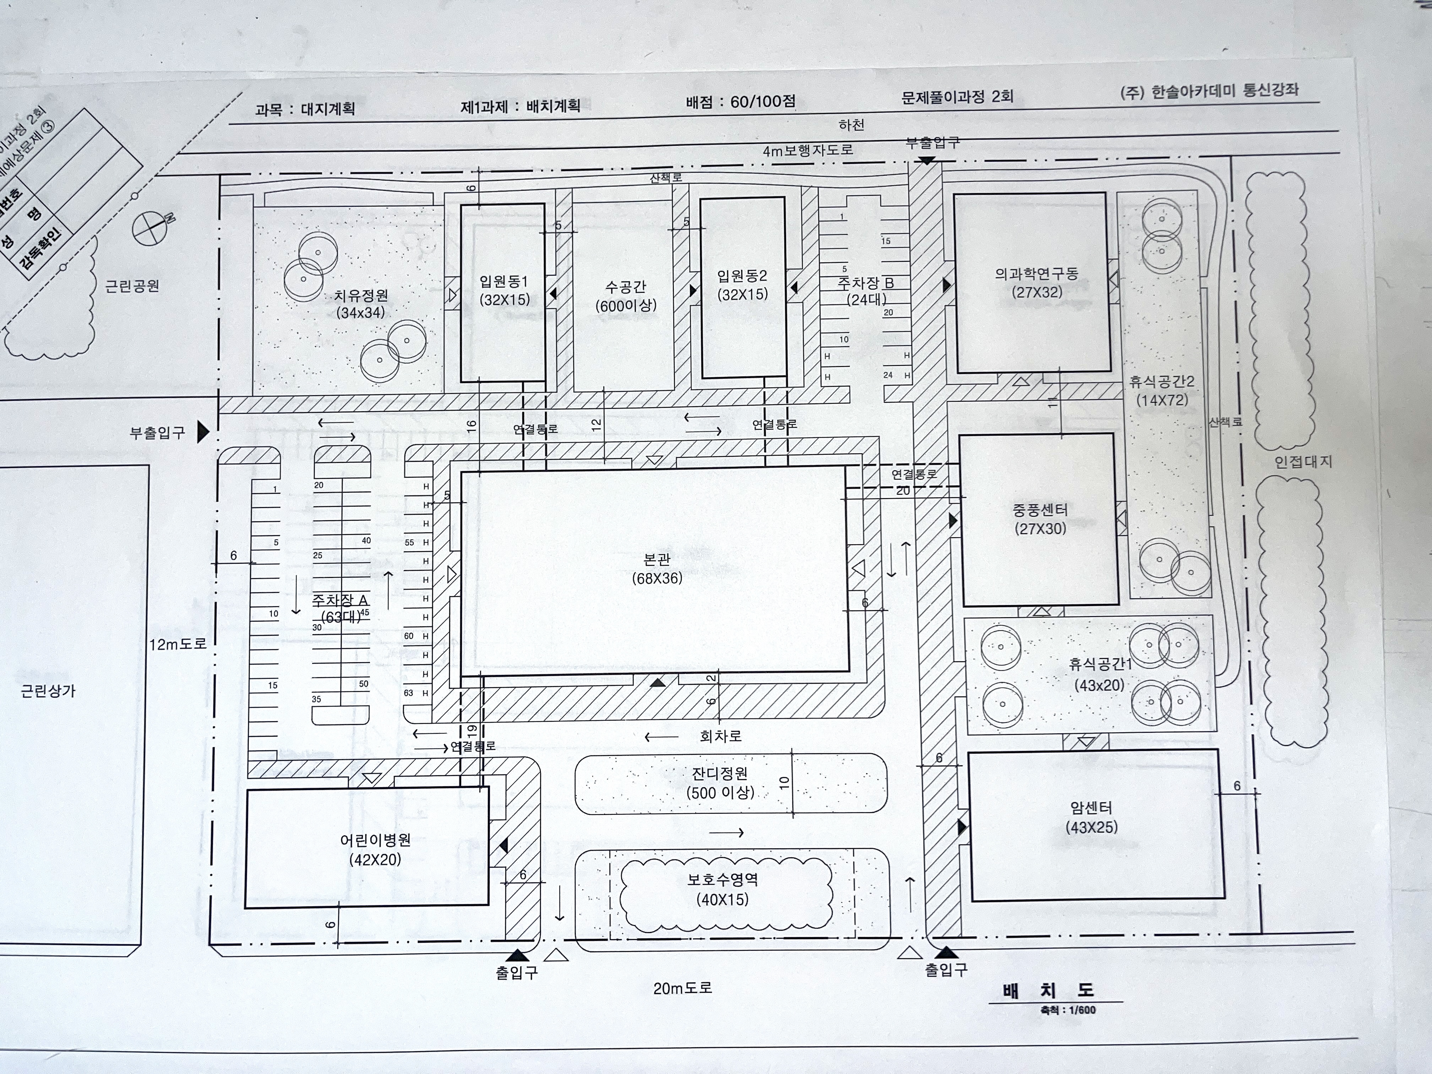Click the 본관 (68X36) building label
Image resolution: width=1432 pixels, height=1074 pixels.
pyautogui.click(x=657, y=568)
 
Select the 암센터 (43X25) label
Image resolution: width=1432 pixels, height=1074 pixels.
pyautogui.click(x=1091, y=817)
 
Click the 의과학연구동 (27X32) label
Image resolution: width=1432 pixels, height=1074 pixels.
pyautogui.click(x=1037, y=283)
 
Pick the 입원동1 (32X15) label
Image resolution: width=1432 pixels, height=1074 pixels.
pyautogui.click(x=504, y=290)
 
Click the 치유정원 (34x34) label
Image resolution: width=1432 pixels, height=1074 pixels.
pyautogui.click(x=360, y=304)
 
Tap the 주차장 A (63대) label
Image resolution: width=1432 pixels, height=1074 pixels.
pyautogui.click(x=341, y=608)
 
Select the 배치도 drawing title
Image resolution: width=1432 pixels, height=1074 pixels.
pyautogui.click(x=1049, y=991)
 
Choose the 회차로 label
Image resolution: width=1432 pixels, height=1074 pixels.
pyautogui.click(x=721, y=736)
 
